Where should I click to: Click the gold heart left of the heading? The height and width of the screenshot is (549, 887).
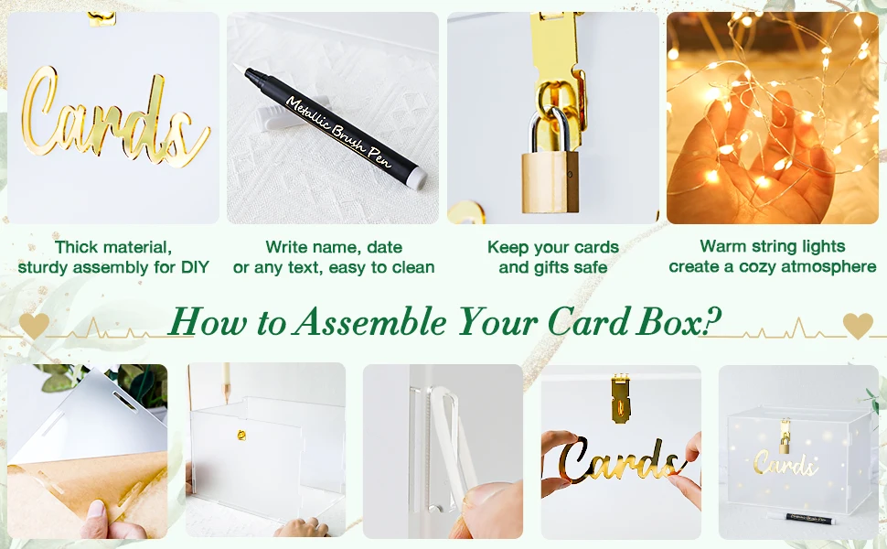(34, 325)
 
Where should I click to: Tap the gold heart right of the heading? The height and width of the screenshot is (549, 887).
(858, 325)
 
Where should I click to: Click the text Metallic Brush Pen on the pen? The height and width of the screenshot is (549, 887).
(338, 129)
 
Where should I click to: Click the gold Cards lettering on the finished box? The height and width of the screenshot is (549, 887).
(785, 465)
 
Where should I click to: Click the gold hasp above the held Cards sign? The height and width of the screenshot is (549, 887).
(619, 397)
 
